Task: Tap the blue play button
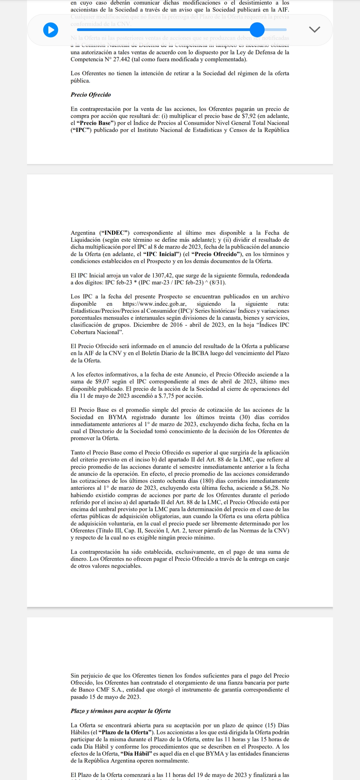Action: (x=51, y=30)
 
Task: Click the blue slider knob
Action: (x=257, y=30)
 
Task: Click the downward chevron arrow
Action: (x=314, y=29)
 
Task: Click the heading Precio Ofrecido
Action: (x=91, y=95)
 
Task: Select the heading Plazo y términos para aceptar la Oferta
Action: (x=121, y=711)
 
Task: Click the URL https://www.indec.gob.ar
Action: (x=154, y=304)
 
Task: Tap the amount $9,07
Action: (x=102, y=382)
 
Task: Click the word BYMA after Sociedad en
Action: (x=117, y=417)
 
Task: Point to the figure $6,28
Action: (x=270, y=488)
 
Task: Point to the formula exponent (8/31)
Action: (x=217, y=283)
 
